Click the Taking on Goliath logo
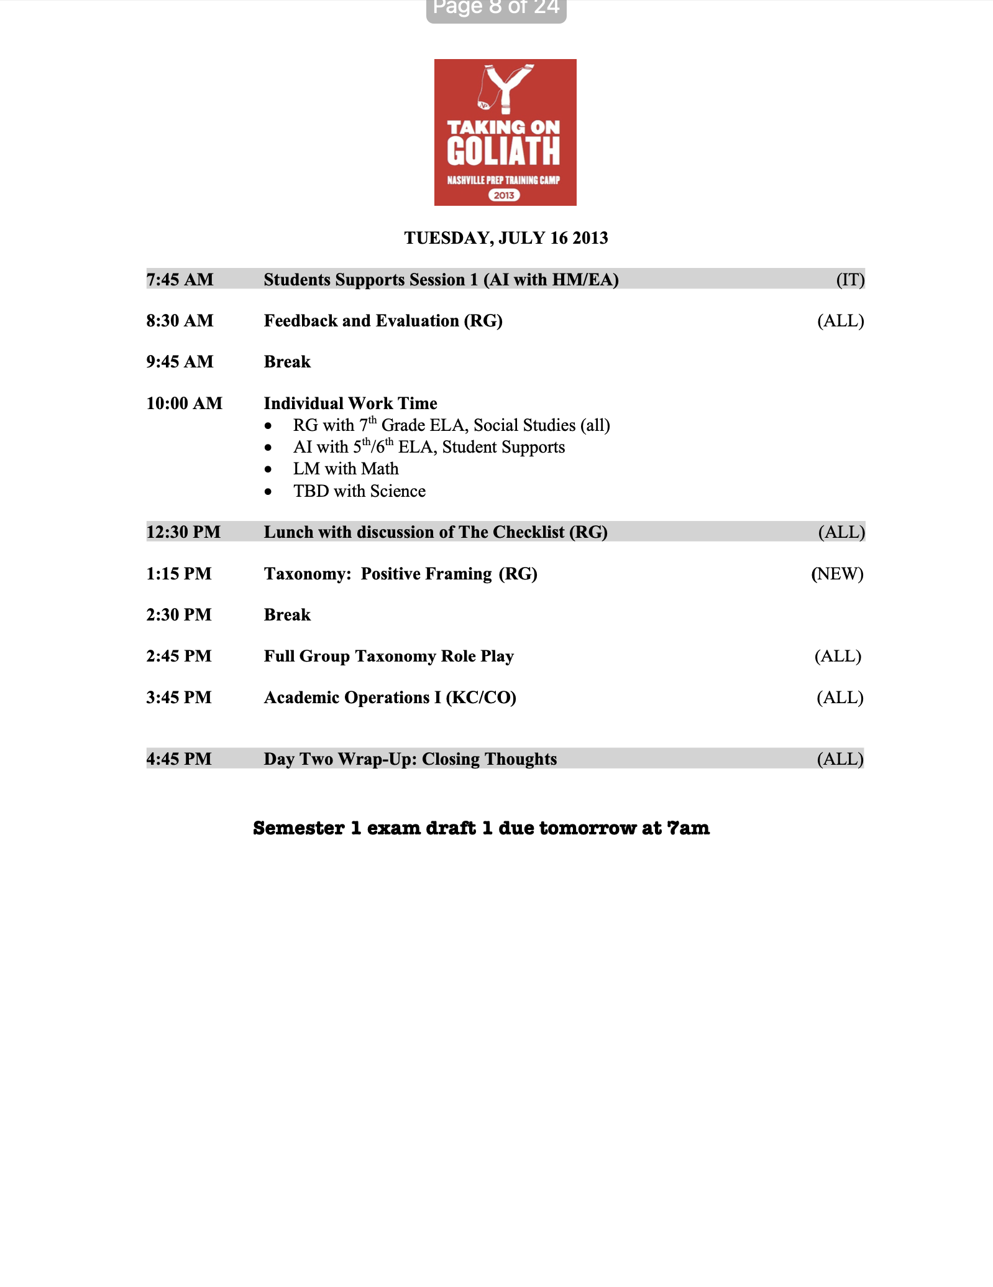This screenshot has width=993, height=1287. (505, 132)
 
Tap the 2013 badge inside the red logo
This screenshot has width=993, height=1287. (504, 195)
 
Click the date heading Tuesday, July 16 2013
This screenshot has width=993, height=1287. (506, 238)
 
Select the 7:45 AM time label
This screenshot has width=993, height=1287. (180, 280)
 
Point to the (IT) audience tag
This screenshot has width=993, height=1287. (850, 280)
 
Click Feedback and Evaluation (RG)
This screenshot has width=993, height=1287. (383, 321)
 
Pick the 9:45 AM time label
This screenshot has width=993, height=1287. (180, 362)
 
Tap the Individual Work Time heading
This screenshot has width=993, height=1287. (350, 404)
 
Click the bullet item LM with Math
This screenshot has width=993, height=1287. (345, 469)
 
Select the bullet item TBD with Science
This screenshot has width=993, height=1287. (359, 491)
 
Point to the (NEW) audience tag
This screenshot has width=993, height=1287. (837, 574)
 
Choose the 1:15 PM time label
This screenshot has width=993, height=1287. (179, 574)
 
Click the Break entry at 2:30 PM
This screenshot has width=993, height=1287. (287, 615)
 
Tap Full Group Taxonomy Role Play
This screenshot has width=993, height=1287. (388, 657)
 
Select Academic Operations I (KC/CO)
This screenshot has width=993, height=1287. (390, 698)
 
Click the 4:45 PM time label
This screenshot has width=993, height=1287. (179, 759)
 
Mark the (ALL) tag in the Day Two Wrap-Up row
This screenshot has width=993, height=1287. (840, 759)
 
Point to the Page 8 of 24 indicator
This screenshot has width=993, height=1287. (496, 9)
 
